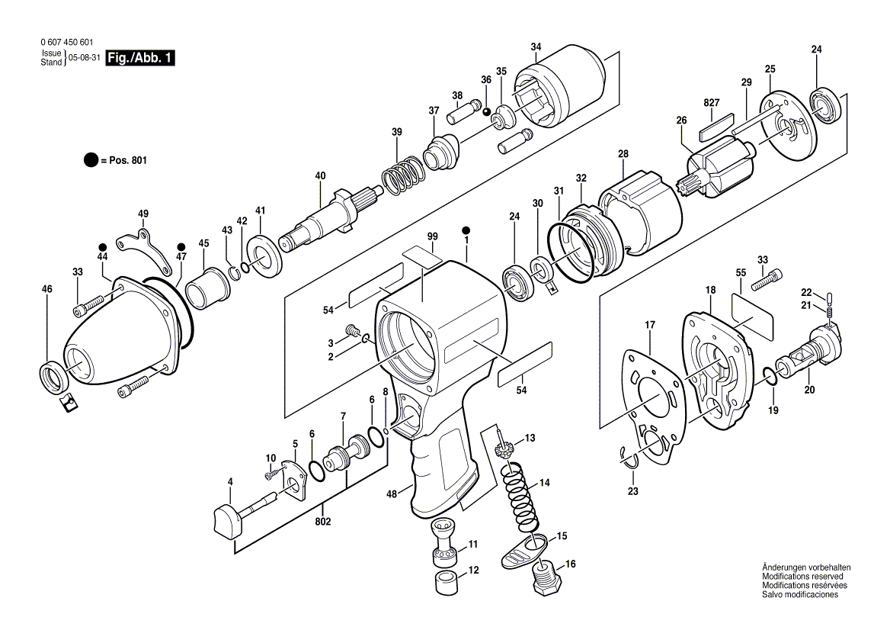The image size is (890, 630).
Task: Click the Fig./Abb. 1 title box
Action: (141, 59)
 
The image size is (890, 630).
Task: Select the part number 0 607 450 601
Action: (70, 44)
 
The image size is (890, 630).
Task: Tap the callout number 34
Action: (536, 47)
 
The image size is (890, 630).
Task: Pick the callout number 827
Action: (712, 102)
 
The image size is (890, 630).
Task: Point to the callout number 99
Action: (432, 236)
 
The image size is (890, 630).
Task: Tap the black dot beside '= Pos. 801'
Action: (91, 160)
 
